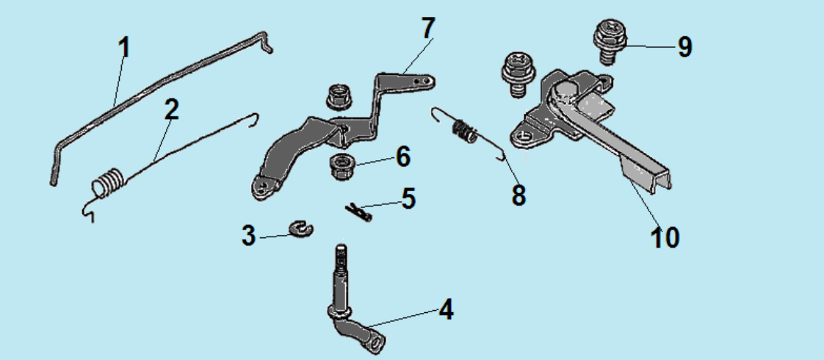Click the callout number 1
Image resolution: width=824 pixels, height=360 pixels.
123,48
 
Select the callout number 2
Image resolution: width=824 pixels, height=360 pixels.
171,109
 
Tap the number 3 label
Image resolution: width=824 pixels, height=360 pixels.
248,235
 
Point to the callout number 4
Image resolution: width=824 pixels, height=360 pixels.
446,309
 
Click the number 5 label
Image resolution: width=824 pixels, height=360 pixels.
408,199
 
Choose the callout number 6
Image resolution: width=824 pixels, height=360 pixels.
403,156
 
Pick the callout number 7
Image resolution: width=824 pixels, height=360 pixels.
428,28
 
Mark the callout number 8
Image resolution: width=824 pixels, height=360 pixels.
518,195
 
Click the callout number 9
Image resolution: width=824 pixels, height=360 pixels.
684,47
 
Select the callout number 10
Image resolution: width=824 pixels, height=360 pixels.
665,237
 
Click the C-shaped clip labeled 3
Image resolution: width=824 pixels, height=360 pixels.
301,228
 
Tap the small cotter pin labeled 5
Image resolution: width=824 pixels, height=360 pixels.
359,212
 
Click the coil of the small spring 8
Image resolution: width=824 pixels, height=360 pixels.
465,131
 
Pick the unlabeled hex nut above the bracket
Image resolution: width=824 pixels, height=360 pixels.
339,96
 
